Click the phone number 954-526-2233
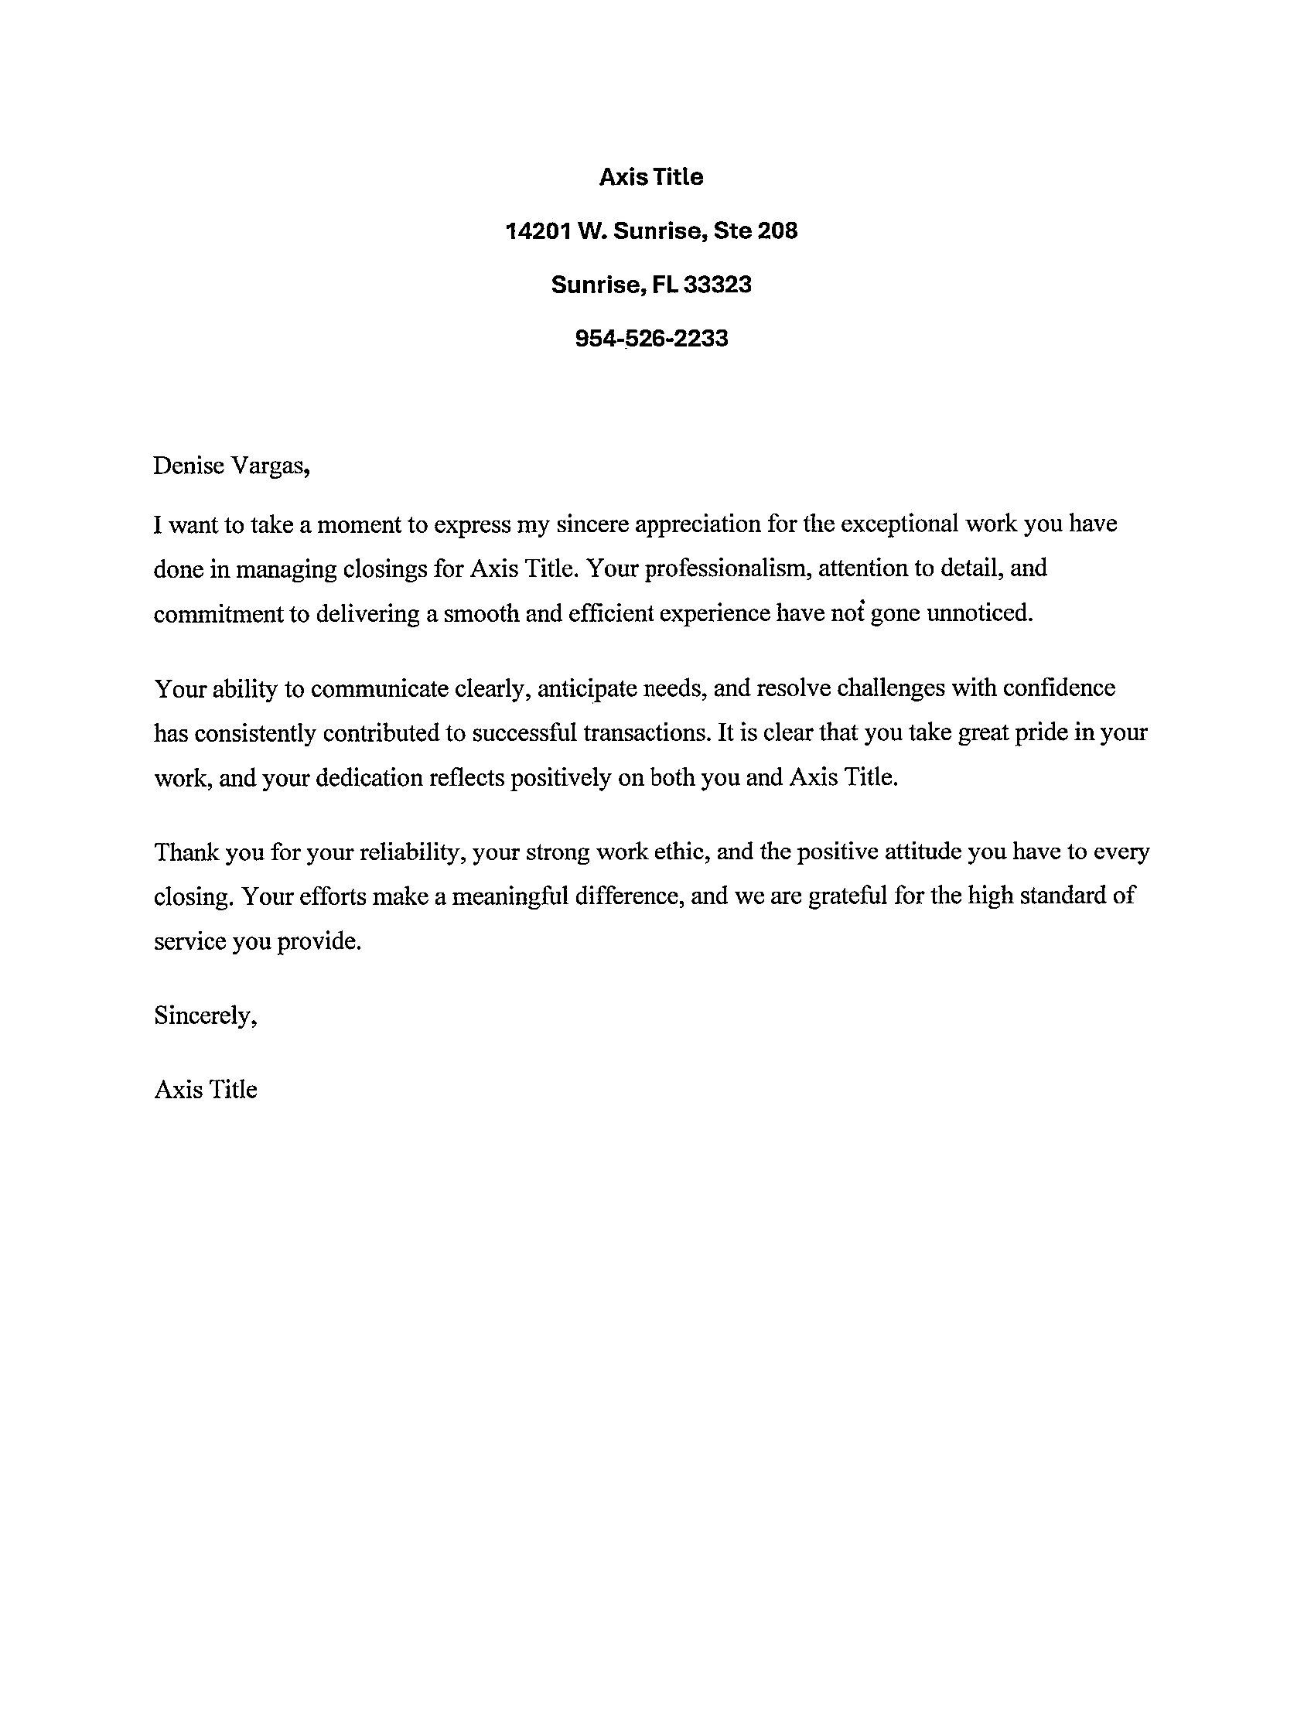point(651,339)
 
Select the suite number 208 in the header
point(777,230)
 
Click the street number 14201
point(537,230)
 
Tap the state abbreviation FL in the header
point(664,285)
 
